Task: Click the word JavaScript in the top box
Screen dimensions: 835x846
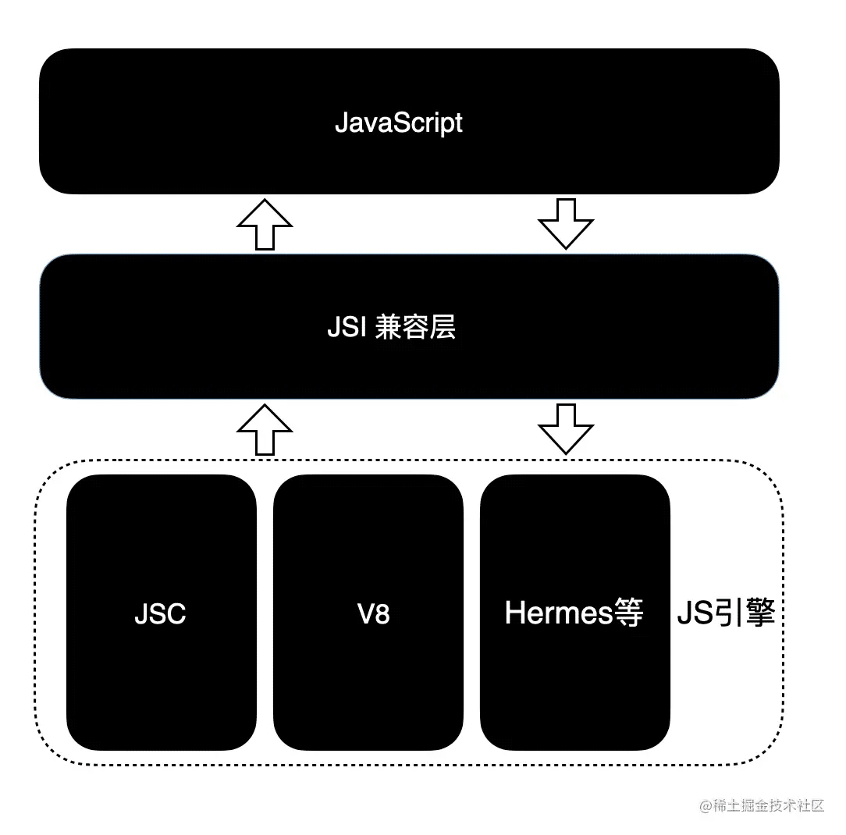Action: point(398,123)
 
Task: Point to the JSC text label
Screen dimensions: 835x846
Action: point(160,613)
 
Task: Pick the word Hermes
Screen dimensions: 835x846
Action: point(558,613)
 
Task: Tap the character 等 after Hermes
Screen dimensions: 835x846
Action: point(629,613)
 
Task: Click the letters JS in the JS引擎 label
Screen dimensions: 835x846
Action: point(691,613)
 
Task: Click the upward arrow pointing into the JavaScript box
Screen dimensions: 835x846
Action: point(265,224)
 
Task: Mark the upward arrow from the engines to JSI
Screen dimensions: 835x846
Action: point(265,429)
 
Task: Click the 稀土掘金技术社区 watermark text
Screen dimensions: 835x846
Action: point(768,805)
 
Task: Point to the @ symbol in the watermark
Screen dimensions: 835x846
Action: point(706,805)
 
